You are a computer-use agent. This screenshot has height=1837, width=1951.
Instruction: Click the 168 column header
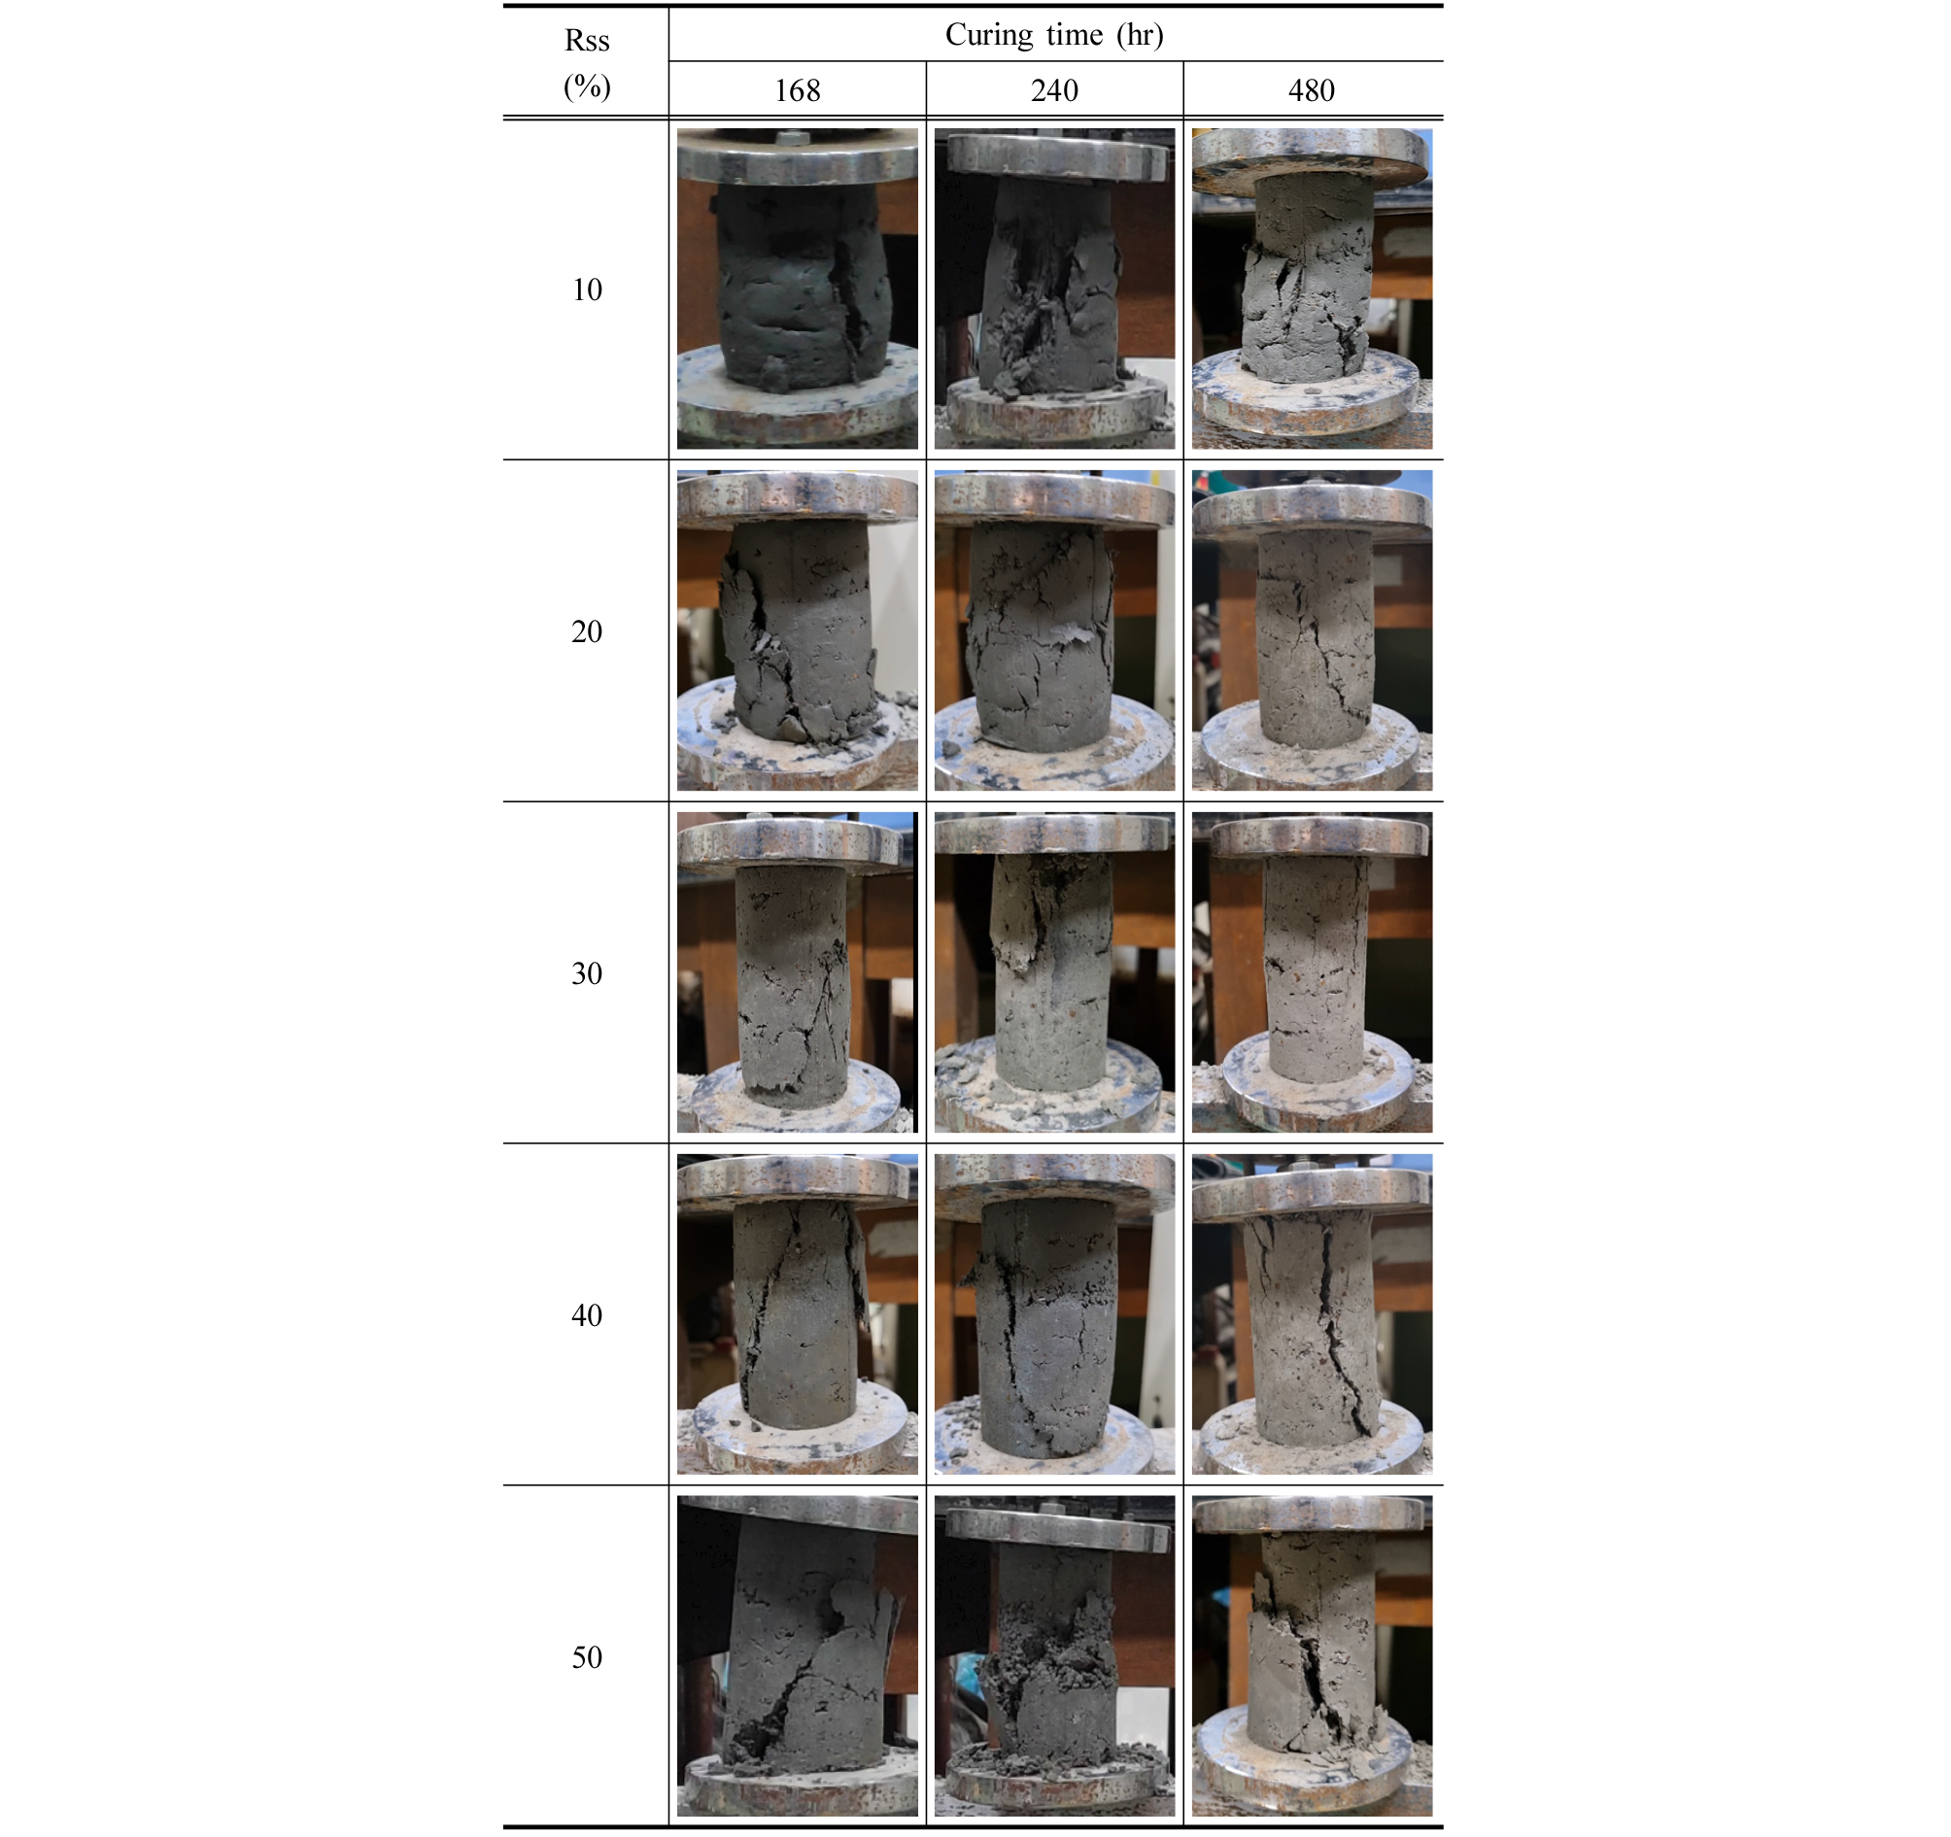click(797, 90)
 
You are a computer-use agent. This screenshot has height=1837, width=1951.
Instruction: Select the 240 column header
click(1054, 90)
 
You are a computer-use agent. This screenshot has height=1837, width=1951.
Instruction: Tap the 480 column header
click(1311, 90)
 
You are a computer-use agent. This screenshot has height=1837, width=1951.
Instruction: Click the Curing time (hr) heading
click(1054, 34)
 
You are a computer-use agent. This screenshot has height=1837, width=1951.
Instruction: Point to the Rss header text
click(587, 40)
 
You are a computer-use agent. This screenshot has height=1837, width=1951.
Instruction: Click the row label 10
click(587, 289)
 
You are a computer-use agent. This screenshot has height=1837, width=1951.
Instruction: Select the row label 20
click(587, 631)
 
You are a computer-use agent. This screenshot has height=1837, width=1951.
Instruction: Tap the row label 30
click(587, 972)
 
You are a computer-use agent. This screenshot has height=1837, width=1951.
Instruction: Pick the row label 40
click(587, 1315)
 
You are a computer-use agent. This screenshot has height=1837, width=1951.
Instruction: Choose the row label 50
click(587, 1656)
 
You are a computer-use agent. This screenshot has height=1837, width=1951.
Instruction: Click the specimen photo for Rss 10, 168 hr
click(797, 289)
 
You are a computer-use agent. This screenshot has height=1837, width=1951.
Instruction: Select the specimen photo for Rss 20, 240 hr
click(1054, 630)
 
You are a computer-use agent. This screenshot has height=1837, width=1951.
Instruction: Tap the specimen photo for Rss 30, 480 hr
click(1312, 971)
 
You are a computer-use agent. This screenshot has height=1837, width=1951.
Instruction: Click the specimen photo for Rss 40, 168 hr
click(797, 1314)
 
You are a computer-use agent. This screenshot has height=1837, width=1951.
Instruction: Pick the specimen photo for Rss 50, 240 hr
click(1054, 1655)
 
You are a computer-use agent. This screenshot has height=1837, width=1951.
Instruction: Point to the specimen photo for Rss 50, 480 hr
click(1312, 1655)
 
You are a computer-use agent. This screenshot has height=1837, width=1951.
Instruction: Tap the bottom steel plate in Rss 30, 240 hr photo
click(1048, 1089)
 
